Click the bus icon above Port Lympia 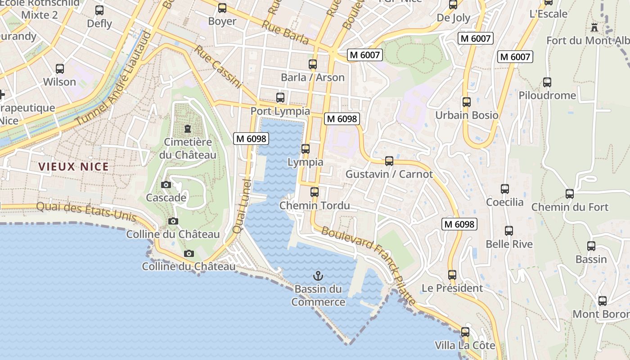tap(280, 97)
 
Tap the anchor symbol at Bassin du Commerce tap(318, 275)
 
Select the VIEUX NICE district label tap(73, 167)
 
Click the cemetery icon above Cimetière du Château tap(187, 129)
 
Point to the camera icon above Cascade tap(166, 184)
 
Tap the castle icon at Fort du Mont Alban tap(594, 27)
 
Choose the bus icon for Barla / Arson tap(313, 64)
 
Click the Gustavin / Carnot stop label tap(389, 174)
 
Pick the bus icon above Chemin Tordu tap(315, 192)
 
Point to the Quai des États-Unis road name tap(85, 211)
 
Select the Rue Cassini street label tap(218, 66)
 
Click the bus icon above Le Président tap(452, 274)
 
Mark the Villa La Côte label tap(465, 346)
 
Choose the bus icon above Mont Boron tap(602, 301)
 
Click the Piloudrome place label tap(547, 95)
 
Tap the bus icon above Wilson tap(60, 69)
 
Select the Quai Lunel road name tap(242, 206)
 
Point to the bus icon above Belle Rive tap(509, 231)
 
